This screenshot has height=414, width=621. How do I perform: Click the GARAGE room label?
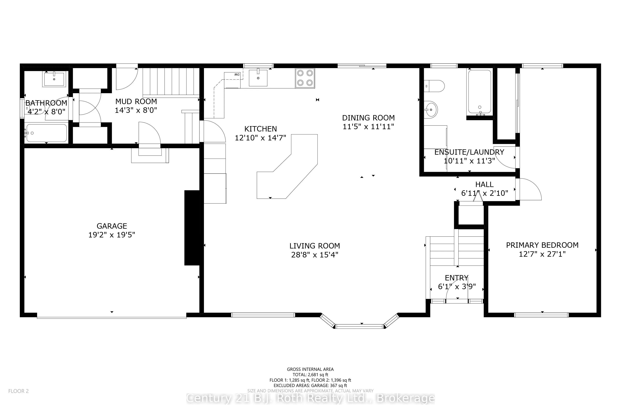point(112,226)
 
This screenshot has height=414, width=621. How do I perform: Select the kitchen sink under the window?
point(258,77)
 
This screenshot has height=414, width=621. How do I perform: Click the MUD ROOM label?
point(136,101)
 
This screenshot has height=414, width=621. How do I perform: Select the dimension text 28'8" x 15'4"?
point(315,255)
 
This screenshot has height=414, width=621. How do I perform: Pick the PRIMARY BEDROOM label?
point(542,245)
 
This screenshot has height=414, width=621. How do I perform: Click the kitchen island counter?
point(287,166)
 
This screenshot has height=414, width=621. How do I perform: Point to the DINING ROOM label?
point(368,118)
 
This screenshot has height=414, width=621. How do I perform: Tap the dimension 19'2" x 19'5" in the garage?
point(112,235)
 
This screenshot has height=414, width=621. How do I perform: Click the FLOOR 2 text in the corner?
point(18,391)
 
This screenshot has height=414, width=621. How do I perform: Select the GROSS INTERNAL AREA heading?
point(310,369)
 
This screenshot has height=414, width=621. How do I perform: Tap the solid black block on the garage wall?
point(192,228)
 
